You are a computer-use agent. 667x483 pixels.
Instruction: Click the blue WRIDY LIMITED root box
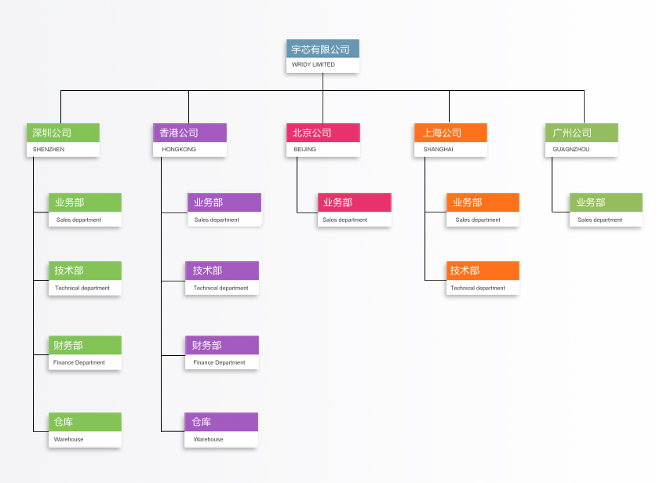(x=323, y=56)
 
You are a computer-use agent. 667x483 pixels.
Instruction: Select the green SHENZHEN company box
(x=63, y=140)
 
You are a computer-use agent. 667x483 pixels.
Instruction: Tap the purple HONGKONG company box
(x=189, y=140)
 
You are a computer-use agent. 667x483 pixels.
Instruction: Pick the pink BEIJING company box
(x=323, y=140)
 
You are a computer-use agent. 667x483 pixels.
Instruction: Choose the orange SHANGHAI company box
(x=450, y=140)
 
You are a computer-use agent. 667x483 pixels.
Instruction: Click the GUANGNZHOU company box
(x=581, y=140)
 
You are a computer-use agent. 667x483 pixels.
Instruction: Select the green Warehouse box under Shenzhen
(x=85, y=430)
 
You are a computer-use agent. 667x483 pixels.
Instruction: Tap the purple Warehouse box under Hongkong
(x=221, y=430)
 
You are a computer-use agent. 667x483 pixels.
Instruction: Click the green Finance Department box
(x=85, y=353)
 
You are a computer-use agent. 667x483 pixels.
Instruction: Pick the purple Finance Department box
(x=221, y=353)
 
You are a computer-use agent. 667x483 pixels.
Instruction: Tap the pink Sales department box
(x=354, y=210)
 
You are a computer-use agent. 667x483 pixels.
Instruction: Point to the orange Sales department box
(x=483, y=210)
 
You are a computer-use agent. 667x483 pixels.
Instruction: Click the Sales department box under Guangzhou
(x=606, y=210)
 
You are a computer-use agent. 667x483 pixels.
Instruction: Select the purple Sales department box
(x=224, y=210)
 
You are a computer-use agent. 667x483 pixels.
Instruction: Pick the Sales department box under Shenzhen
(x=85, y=210)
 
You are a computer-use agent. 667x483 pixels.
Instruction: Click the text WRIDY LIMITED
(x=313, y=64)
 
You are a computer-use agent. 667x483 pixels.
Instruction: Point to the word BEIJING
(x=305, y=149)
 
